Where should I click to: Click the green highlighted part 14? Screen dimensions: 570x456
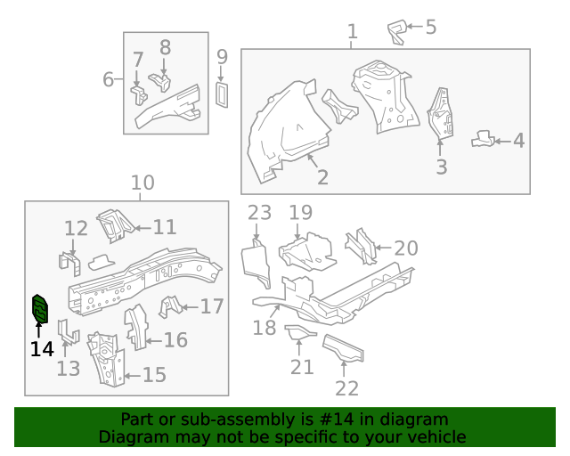40,309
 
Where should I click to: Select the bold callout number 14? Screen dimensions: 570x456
42,349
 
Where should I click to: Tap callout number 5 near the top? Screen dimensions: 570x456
431,28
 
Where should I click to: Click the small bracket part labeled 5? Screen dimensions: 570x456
397,32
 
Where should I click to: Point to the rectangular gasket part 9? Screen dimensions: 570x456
222,95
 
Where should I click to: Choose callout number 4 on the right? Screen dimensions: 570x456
518,141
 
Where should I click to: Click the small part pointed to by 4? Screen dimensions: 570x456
483,139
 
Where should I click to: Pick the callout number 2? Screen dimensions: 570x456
322,177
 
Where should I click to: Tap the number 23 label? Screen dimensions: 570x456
259,213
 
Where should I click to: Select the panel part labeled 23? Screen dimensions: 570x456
256,263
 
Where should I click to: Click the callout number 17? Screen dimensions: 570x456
212,306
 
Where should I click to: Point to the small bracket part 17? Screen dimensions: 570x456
170,306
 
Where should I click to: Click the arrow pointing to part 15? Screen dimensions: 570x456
133,376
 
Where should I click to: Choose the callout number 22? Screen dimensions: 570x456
346,388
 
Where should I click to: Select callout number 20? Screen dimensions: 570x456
406,248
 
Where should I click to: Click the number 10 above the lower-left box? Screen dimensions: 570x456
142,183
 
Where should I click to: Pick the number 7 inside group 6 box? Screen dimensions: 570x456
138,60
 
